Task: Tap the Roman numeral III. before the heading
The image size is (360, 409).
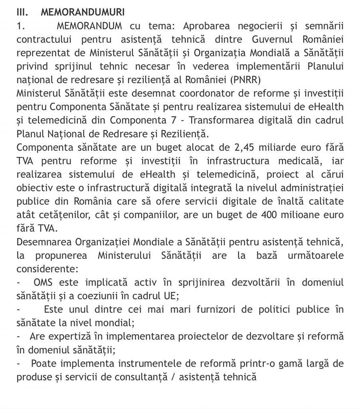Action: (22, 12)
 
